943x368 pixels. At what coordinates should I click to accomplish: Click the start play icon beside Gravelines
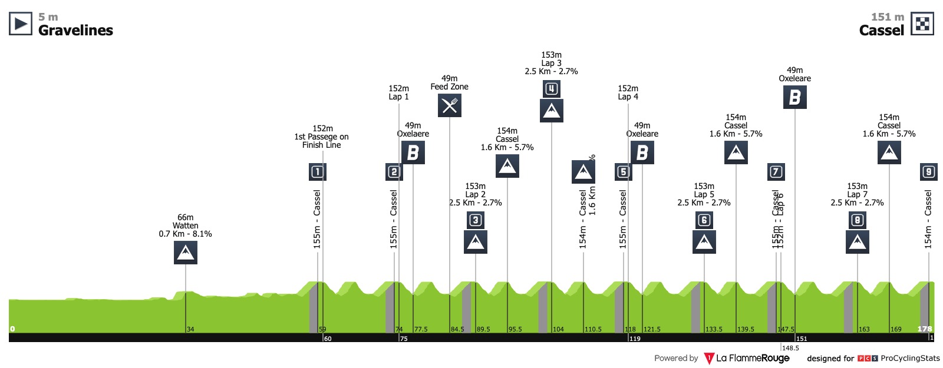[21, 24]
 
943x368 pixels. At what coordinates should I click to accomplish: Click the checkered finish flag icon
[922, 24]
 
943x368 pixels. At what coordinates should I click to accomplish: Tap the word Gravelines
[75, 31]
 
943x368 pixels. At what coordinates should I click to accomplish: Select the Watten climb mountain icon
[186, 253]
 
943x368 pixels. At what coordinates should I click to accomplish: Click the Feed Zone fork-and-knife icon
[450, 105]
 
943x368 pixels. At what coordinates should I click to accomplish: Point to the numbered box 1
[318, 172]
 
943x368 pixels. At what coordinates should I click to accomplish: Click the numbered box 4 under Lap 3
[551, 89]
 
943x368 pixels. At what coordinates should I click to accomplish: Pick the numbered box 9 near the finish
[929, 172]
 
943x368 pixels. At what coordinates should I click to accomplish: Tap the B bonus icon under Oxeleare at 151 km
[795, 97]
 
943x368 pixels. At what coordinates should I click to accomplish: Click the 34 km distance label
[190, 329]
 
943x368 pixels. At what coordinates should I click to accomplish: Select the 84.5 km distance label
[457, 329]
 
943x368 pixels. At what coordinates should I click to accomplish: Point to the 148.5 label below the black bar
[790, 348]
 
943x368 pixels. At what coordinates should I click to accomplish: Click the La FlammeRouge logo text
[753, 358]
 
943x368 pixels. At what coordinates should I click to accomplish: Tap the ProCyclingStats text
[910, 358]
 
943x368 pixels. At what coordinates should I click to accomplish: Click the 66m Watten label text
[186, 226]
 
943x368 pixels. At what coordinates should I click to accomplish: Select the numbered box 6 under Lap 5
[704, 220]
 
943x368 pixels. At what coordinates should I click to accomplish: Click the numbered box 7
[776, 172]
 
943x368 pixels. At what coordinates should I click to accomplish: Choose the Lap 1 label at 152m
[398, 97]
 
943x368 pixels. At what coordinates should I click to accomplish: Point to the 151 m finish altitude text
[887, 17]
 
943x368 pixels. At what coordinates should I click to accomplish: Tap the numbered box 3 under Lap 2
[475, 220]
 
